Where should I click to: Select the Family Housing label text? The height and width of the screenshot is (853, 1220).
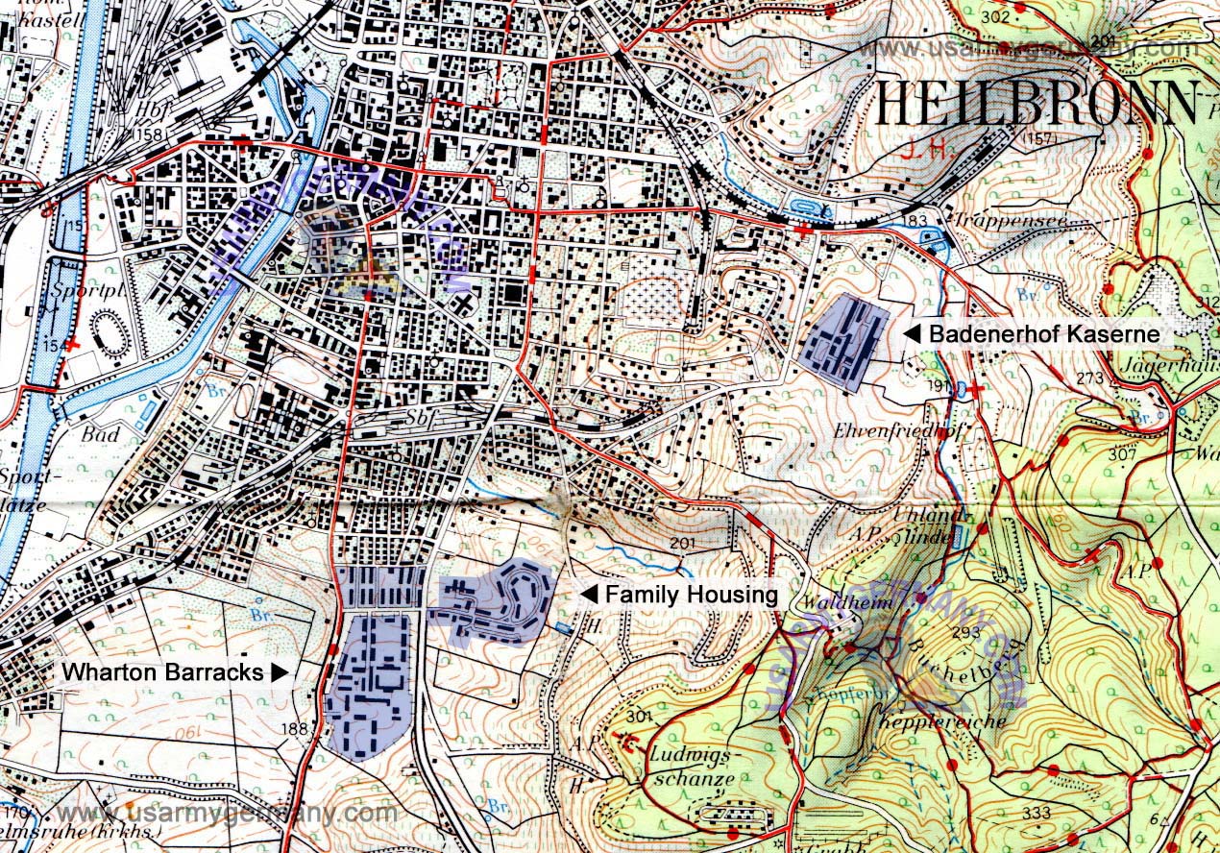tap(690, 596)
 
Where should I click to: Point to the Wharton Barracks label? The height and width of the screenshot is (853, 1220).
tap(162, 672)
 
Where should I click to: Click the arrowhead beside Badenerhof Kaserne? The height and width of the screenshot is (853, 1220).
tap(913, 334)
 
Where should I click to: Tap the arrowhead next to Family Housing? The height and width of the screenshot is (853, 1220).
tap(587, 596)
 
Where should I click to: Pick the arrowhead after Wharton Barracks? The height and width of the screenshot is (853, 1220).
tap(280, 672)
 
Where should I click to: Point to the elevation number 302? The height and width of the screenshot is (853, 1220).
tap(996, 16)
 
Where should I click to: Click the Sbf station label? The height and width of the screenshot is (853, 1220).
tap(416, 418)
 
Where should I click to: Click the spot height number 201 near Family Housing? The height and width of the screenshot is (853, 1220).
tap(682, 545)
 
